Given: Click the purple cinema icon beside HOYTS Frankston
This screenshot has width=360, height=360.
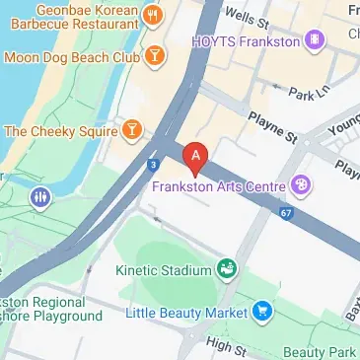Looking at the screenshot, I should (x=315, y=40).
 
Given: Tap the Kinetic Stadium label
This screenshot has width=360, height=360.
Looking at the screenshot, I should (x=163, y=269).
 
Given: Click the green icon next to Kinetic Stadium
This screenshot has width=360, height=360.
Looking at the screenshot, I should (x=228, y=268).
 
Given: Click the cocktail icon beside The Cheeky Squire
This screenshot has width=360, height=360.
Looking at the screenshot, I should (x=130, y=129).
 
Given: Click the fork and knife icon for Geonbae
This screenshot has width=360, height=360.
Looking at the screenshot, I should (x=153, y=15).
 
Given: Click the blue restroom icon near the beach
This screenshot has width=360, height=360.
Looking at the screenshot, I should (x=40, y=197).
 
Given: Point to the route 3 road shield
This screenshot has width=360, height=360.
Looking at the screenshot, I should (x=153, y=165).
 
